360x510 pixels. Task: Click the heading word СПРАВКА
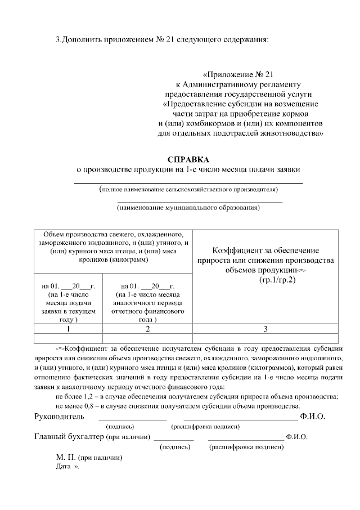coord(188,159)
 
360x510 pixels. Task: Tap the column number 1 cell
coord(68,328)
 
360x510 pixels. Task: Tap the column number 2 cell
coord(147,328)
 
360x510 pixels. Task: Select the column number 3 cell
coord(265,328)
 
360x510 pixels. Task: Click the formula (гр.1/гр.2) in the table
coord(277,280)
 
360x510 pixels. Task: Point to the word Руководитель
coord(60,417)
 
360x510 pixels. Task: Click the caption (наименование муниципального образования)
coord(188,208)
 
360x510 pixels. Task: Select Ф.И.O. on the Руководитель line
coord(313,417)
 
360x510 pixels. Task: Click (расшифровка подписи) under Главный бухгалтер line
coord(246,447)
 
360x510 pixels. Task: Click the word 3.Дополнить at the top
coord(76,40)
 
